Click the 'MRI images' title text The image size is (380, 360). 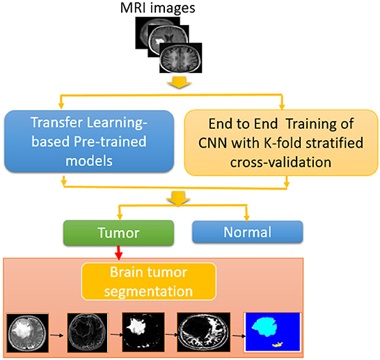tap(157, 8)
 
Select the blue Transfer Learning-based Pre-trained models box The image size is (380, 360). tap(89, 141)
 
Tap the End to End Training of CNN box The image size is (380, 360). tap(281, 143)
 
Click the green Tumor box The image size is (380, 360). tap(118, 233)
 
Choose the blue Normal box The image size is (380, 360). tap(248, 232)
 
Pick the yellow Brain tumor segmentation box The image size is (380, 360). tap(148, 281)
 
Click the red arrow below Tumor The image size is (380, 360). tap(118, 253)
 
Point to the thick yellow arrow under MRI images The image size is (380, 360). tap(180, 82)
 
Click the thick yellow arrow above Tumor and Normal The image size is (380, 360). tap(178, 198)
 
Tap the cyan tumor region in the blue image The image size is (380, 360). tap(264, 327)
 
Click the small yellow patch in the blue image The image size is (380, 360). tap(278, 344)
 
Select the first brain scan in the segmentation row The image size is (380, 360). tap(27, 333)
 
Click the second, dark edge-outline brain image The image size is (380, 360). tap(88, 332)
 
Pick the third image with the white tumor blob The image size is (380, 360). tap(143, 332)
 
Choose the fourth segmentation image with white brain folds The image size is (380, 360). tap(203, 332)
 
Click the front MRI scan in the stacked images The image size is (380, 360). tap(181, 58)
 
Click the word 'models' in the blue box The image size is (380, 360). tap(89, 161)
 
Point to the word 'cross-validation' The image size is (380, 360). tap(280, 162)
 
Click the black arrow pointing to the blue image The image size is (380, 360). tap(239, 336)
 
